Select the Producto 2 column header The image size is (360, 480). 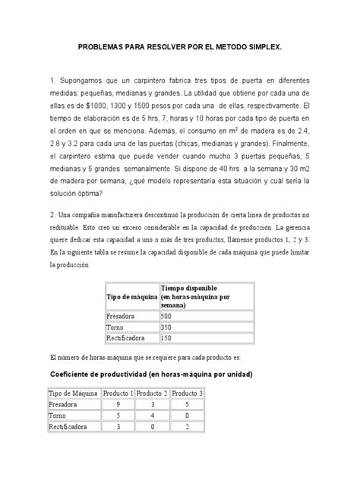pos(153,393)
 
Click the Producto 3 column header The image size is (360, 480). pos(187,393)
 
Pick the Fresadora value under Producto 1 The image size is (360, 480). pos(118,406)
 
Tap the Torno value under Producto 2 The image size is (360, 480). pos(153,417)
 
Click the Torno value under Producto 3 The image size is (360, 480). pos(187,417)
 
